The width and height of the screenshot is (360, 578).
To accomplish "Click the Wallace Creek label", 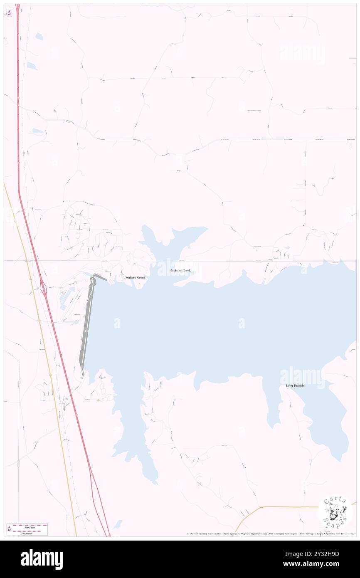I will (x=136, y=277).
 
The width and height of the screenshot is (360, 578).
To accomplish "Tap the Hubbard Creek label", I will (x=180, y=271).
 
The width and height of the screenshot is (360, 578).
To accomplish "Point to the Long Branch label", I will (x=295, y=386).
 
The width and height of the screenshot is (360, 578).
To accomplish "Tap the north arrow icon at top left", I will (x=9, y=13).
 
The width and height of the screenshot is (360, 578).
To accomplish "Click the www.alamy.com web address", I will (x=319, y=564).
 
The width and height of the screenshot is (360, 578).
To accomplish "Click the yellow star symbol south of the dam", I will (x=99, y=401).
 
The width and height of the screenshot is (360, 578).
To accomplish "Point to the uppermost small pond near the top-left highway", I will (x=39, y=37).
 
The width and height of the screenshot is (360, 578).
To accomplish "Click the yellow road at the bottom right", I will (x=291, y=507).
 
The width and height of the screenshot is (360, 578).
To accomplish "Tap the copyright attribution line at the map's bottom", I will (x=270, y=534).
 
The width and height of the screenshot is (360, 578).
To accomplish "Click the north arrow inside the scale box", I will (x=9, y=529).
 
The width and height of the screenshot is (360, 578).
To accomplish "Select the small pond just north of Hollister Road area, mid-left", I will (x=38, y=131).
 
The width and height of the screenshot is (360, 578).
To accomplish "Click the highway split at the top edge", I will (x=17, y=6).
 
